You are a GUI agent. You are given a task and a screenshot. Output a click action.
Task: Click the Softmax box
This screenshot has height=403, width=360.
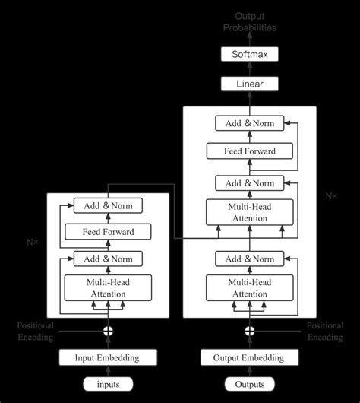249,54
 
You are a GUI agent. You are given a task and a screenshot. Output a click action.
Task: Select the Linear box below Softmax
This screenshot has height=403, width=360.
249,84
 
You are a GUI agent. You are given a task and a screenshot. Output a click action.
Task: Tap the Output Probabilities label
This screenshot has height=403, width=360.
249,22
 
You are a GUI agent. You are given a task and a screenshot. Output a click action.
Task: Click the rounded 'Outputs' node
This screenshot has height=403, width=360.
249,384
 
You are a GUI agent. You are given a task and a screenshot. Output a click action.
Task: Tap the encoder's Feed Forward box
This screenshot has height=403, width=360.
107,232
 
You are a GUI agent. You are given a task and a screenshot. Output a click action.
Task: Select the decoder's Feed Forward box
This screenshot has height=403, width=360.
249,151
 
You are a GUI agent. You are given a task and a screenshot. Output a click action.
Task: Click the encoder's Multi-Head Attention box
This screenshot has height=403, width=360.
107,288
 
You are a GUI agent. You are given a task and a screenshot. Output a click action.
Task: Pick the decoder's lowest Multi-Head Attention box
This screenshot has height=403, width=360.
249,288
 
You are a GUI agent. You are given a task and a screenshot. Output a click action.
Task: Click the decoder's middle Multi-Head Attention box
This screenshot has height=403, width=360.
249,212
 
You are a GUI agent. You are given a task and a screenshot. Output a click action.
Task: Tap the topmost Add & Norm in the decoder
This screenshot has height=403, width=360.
249,122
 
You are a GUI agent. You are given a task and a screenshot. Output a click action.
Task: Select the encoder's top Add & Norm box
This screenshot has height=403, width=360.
107,205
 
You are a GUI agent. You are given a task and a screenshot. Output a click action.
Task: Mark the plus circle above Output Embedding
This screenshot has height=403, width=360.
249,331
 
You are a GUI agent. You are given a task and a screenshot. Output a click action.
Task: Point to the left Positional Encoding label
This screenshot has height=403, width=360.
36,331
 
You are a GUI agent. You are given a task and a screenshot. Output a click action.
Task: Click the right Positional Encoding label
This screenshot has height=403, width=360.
325,331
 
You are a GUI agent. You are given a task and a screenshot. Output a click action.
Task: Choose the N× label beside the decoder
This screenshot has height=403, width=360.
331,196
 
